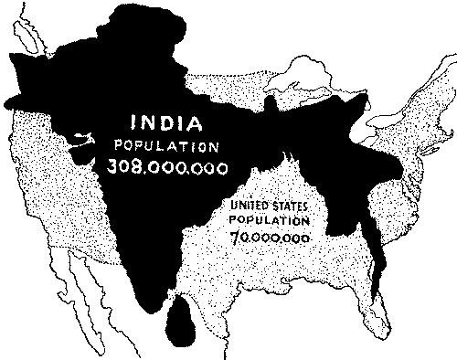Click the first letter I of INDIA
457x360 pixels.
133,123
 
